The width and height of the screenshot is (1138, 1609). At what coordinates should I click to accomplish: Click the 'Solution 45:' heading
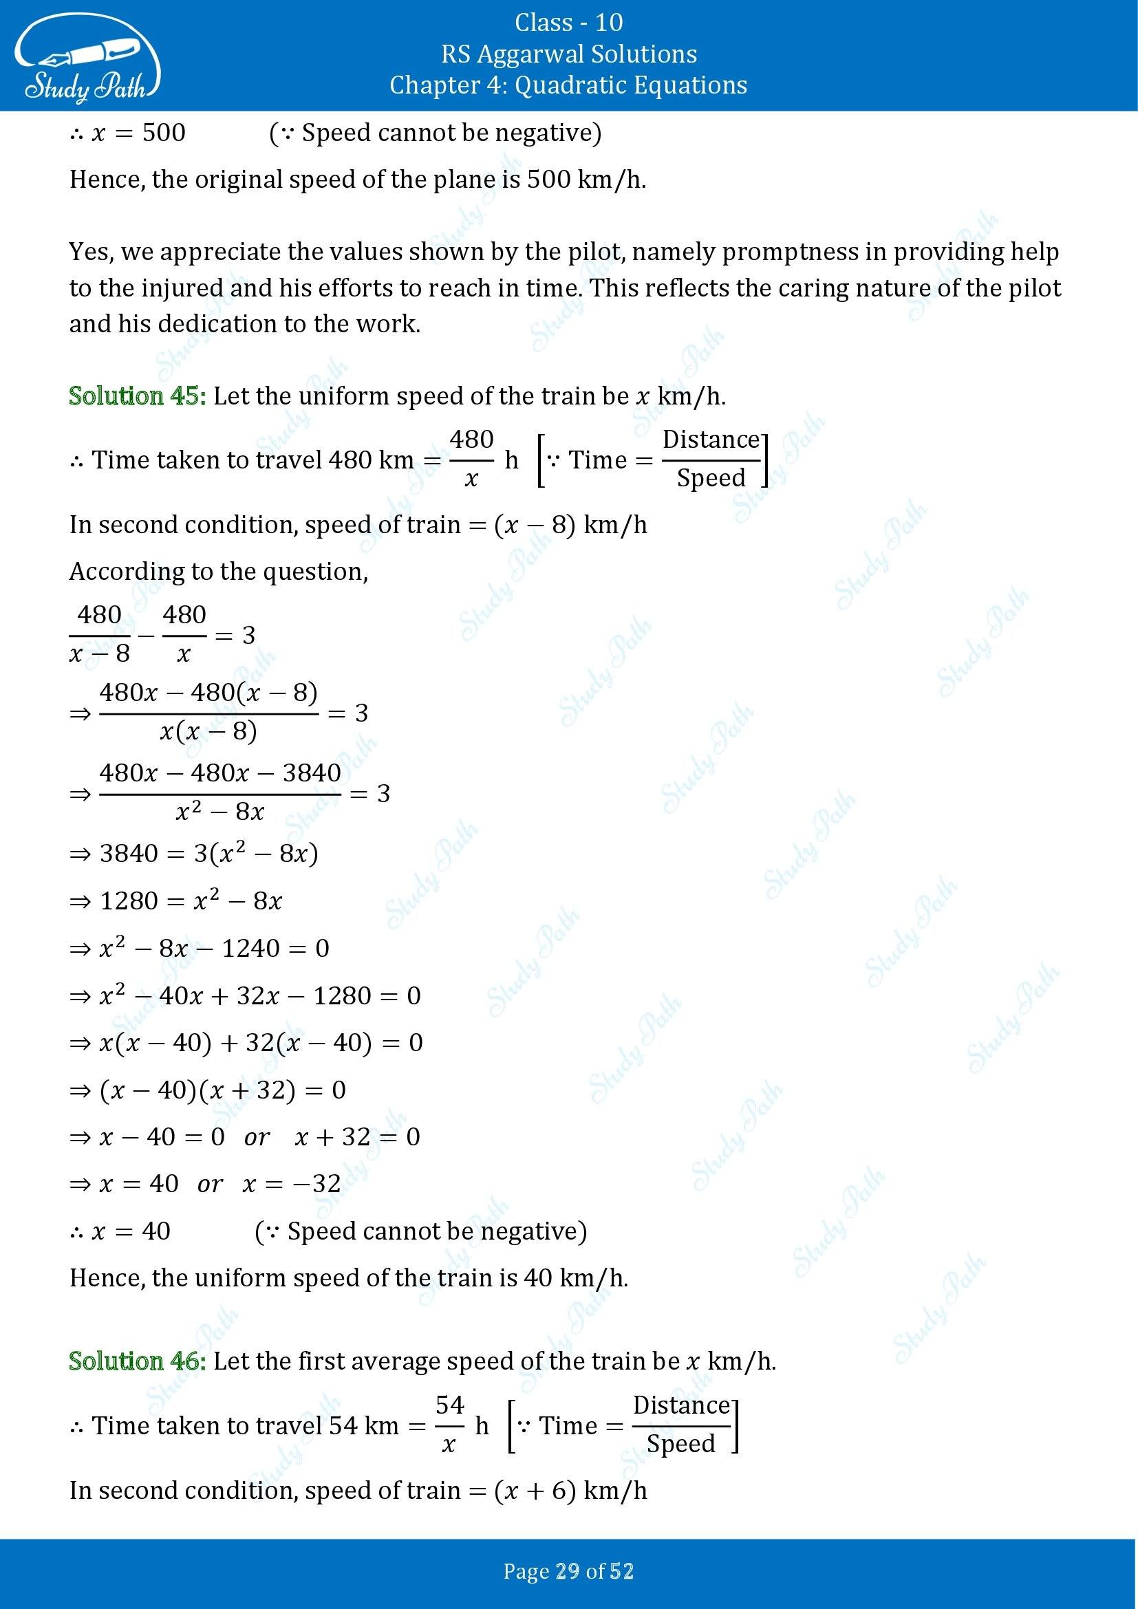click(x=138, y=397)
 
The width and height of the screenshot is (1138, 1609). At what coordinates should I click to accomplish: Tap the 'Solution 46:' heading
click(x=138, y=1361)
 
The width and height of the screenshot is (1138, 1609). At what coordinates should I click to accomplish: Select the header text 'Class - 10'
click(x=568, y=23)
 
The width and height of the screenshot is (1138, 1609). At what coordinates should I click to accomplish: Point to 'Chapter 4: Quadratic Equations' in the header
click(x=568, y=85)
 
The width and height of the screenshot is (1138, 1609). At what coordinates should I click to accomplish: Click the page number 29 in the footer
click(x=568, y=1571)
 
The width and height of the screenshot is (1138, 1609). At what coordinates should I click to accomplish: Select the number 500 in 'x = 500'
click(x=163, y=133)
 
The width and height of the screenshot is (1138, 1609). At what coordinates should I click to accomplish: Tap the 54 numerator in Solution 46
click(x=450, y=1405)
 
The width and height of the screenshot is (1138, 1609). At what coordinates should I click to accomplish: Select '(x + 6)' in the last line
click(x=535, y=1490)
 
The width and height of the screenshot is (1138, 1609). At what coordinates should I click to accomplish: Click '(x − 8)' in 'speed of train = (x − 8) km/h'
click(x=535, y=525)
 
